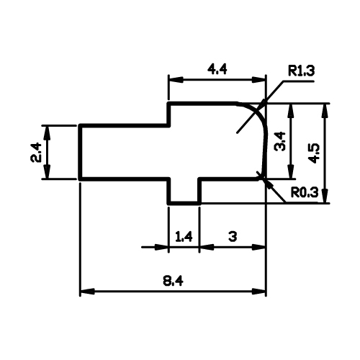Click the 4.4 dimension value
[217, 70]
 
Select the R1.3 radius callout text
[301, 71]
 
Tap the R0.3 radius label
[305, 192]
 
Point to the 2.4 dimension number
[37, 153]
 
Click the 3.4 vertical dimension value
[280, 141]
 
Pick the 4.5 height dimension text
[314, 153]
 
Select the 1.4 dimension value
[184, 237]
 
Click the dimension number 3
[233, 237]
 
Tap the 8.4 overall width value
[173, 281]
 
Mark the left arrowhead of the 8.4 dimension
[87, 292]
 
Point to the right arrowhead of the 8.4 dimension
[259, 292]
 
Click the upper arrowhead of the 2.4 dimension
[48, 133]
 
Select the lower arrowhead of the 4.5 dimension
[325, 196]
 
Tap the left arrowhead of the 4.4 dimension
[176, 80]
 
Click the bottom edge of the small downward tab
[184, 203]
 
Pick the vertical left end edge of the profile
[81, 152]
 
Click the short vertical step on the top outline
[169, 114]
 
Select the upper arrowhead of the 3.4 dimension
[291, 111]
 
